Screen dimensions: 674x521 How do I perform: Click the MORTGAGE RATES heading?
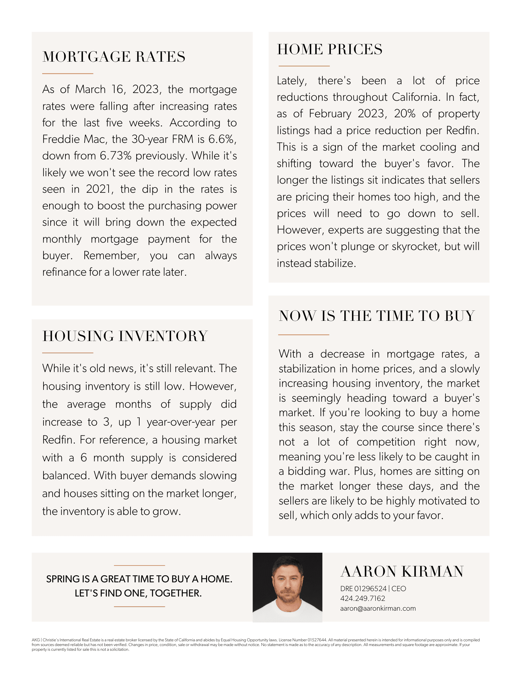(x=114, y=57)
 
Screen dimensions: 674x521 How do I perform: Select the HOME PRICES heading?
(x=329, y=49)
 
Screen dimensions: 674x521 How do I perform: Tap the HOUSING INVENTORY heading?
(x=125, y=336)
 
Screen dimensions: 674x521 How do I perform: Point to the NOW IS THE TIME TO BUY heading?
(x=377, y=316)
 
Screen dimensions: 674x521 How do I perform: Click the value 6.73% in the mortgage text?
(x=116, y=156)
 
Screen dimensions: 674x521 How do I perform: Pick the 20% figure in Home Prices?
(x=404, y=114)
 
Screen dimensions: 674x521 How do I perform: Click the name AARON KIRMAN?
(x=402, y=572)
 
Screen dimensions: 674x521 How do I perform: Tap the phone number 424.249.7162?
(x=363, y=599)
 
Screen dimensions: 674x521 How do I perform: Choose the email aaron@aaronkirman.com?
(x=378, y=608)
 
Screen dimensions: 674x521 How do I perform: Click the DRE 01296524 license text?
(x=363, y=589)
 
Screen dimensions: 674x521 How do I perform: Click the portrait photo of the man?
(x=287, y=587)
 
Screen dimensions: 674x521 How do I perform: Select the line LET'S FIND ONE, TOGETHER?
(x=138, y=593)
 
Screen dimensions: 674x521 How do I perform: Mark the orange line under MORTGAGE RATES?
(x=67, y=73)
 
